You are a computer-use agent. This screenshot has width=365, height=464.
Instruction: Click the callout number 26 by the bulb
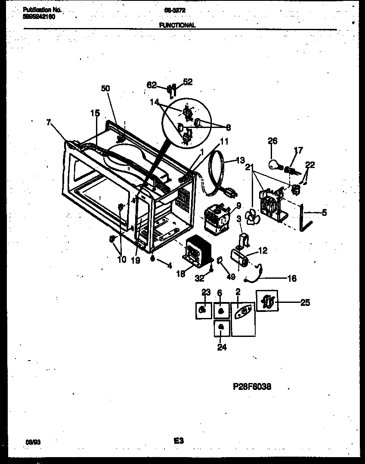click(272, 141)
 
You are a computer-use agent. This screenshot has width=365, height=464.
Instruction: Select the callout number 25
click(305, 302)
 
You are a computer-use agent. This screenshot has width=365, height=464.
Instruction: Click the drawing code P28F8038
click(252, 387)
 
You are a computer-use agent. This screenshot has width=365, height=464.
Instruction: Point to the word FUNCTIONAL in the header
click(177, 25)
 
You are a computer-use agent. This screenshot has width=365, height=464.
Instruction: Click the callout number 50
click(105, 88)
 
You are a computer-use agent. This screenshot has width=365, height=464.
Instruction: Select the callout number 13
click(240, 160)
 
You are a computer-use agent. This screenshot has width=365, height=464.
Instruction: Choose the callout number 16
click(291, 279)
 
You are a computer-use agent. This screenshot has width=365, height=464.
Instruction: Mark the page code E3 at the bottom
click(179, 441)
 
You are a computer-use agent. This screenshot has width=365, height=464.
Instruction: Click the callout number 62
click(152, 85)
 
